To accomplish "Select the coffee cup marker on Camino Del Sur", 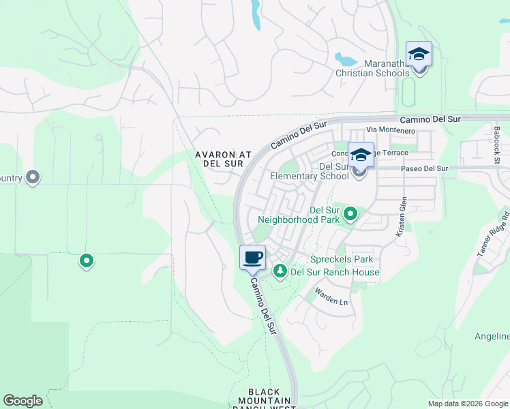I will (x=252, y=258).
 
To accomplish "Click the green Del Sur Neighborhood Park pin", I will (x=350, y=214).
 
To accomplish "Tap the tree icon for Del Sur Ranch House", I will (x=280, y=271).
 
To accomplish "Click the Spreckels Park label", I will (x=342, y=260).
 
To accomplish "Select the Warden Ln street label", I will (x=331, y=296).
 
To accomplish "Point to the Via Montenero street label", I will (x=391, y=130).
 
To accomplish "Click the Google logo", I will (x=22, y=401).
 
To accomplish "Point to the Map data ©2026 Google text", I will (x=468, y=404).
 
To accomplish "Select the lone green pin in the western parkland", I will (x=87, y=260).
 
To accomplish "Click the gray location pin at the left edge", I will (x=33, y=178).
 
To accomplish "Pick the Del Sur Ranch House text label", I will (x=335, y=273).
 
